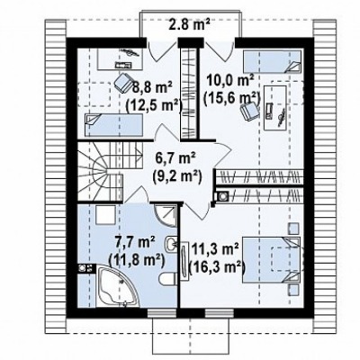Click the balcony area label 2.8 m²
[189, 24]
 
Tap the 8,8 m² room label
[152, 88]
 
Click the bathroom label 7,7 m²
[135, 242]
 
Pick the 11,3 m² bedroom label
[215, 250]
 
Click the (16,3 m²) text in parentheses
[216, 266]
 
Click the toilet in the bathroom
[167, 279]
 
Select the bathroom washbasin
[171, 244]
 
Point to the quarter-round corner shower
[166, 215]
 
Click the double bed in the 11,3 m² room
[271, 260]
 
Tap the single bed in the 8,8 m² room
[113, 125]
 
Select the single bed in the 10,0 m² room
[272, 62]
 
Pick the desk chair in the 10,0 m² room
[249, 112]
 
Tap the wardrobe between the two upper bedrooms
[190, 94]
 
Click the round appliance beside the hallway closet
[223, 196]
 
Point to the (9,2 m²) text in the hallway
[176, 176]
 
